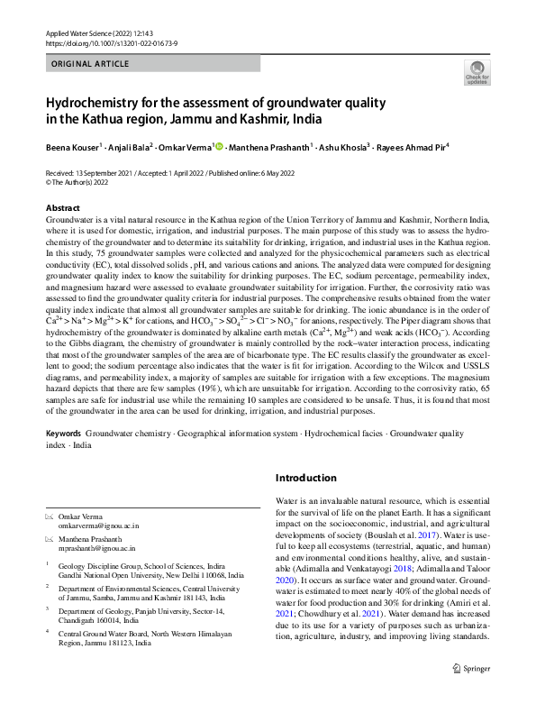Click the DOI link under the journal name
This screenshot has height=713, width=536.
click(106, 42)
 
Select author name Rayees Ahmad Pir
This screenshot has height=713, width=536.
click(408, 146)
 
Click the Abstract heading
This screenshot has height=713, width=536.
click(62, 208)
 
